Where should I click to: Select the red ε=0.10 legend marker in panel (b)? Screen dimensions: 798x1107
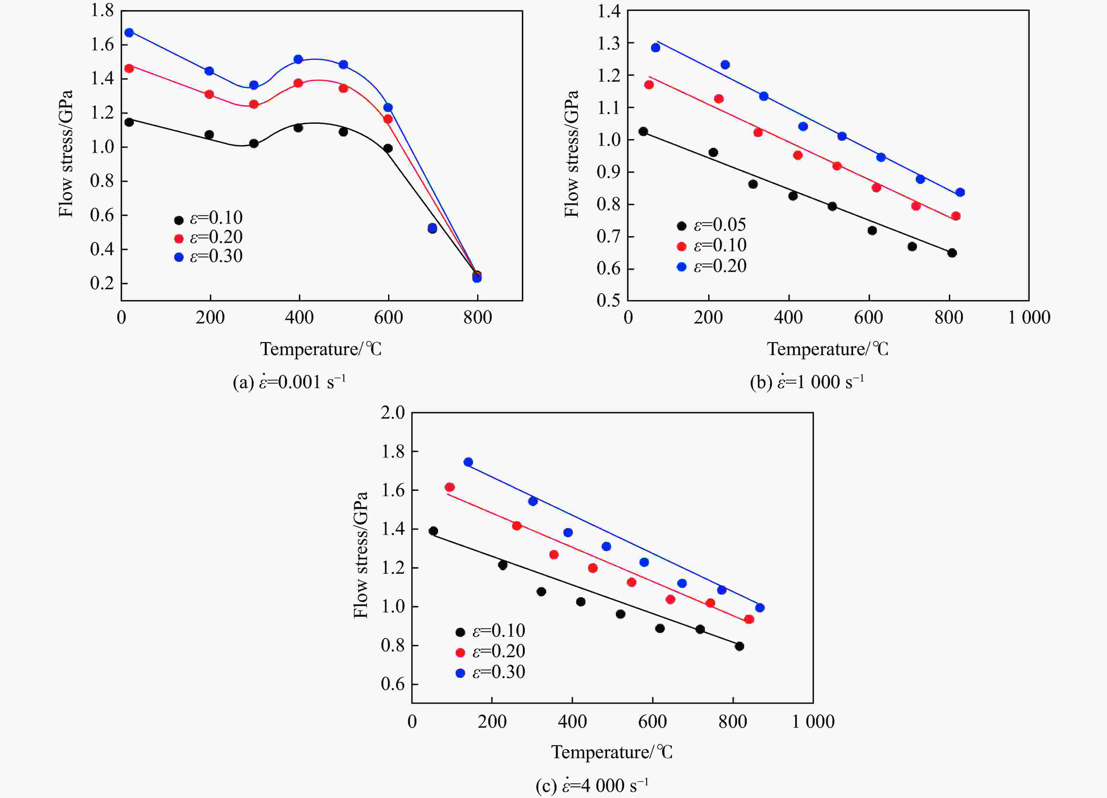tap(681, 246)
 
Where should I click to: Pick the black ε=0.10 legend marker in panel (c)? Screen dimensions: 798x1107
tap(460, 632)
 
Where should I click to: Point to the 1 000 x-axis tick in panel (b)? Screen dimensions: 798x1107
tap(1029, 318)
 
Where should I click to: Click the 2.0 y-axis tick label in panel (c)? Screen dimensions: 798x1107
tap(393, 413)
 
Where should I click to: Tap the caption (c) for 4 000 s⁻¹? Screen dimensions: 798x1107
tap(592, 786)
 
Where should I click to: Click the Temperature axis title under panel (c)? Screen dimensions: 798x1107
tap(611, 752)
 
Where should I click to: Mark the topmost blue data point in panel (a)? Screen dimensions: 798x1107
tap(129, 33)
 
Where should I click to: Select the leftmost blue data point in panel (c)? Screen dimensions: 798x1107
tap(468, 462)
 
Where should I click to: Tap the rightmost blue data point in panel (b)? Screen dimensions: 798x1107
tap(960, 192)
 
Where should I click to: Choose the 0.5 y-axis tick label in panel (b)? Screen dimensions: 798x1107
tap(608, 300)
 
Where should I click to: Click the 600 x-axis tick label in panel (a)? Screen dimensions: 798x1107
tap(389, 318)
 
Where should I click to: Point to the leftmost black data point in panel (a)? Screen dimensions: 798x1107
tap(129, 122)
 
